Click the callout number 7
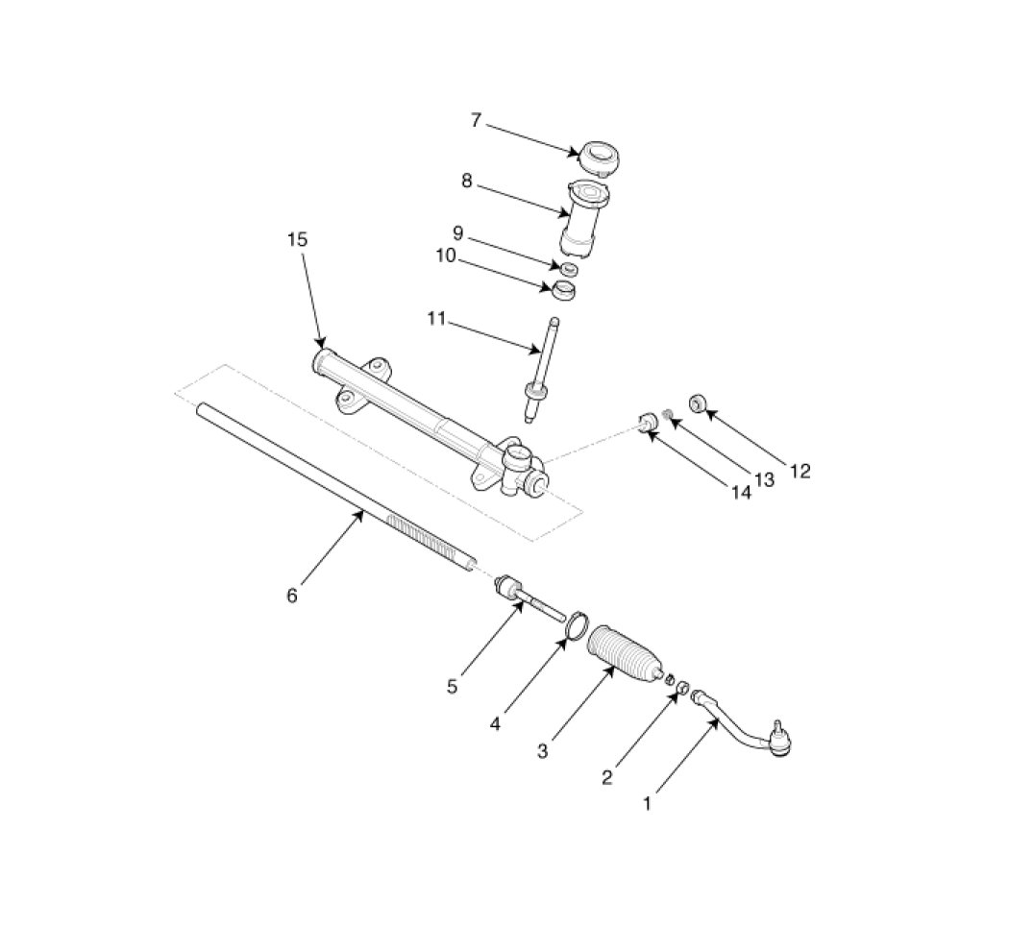[477, 120]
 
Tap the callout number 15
[297, 240]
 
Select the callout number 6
[292, 597]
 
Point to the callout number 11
[436, 319]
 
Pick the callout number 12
[800, 472]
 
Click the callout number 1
[648, 803]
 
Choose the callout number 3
[543, 750]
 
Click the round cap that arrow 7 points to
[599, 158]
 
